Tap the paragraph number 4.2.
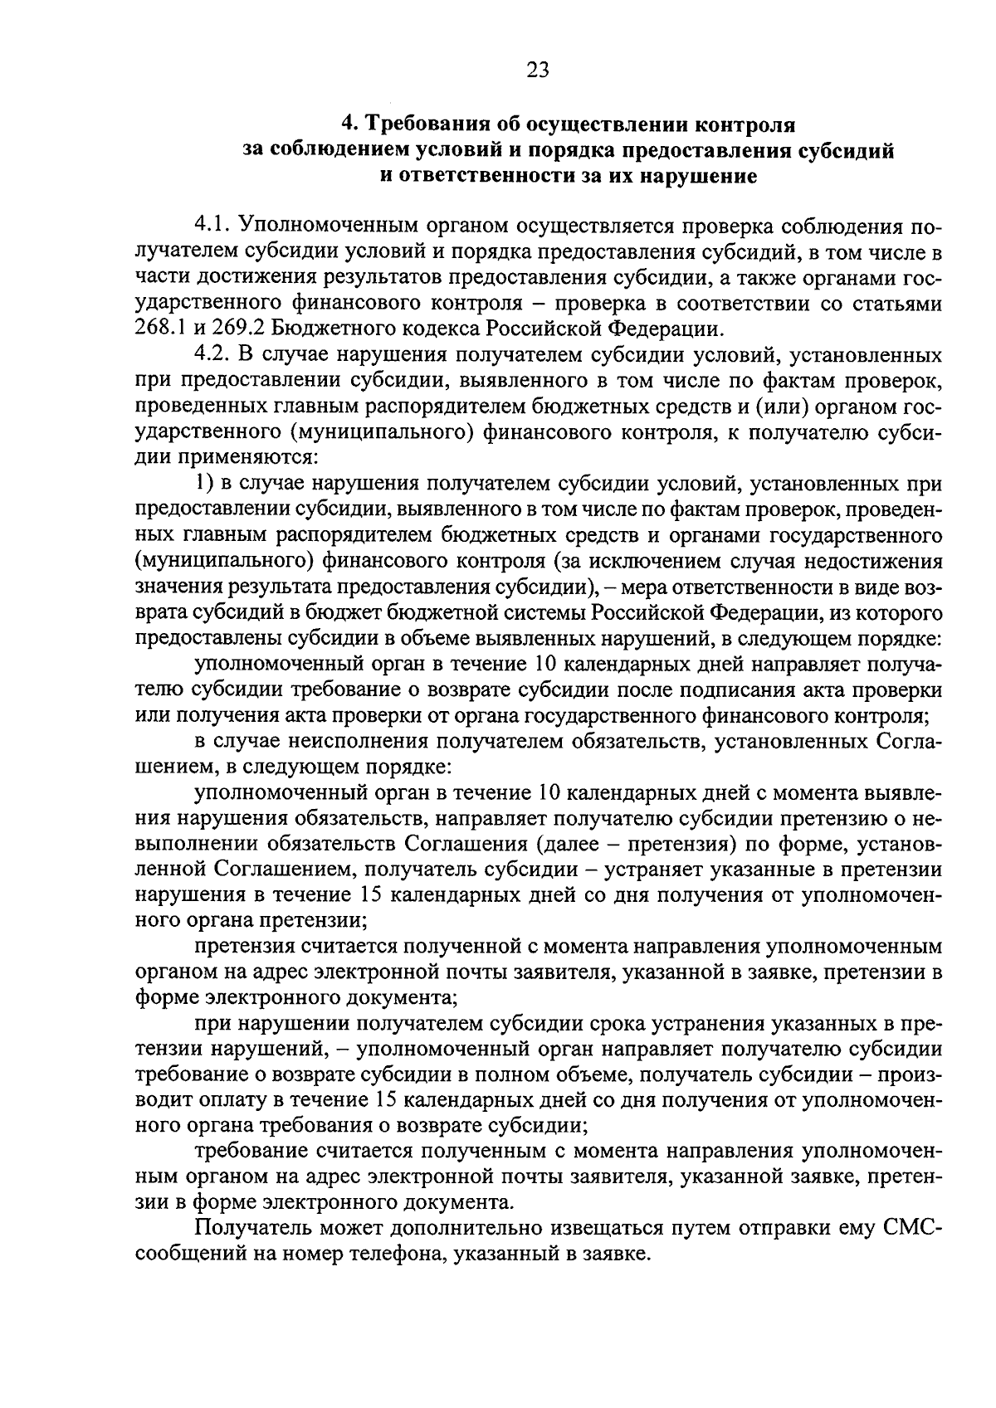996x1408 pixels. coord(212,356)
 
